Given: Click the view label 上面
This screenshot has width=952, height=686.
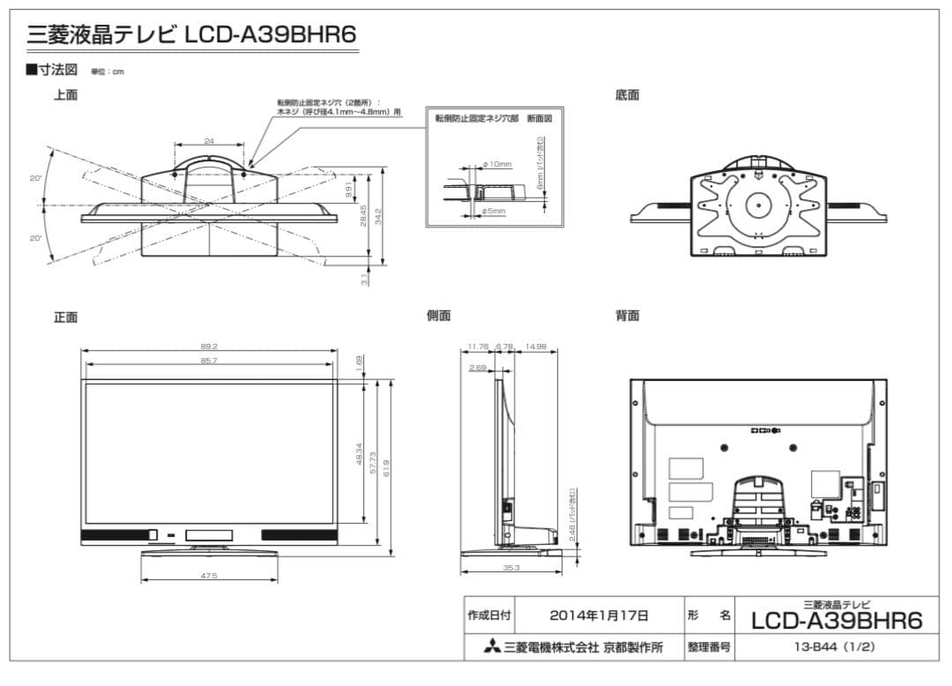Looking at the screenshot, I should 66,95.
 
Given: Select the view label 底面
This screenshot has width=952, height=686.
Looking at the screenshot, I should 627,95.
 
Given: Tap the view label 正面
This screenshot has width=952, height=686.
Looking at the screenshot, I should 66,317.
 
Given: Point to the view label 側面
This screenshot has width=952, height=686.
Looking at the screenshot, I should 438,316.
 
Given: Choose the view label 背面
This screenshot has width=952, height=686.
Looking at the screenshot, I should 627,316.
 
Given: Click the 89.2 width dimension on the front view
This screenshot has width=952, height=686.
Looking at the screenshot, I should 209,347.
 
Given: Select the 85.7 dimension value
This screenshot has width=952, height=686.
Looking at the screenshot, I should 209,361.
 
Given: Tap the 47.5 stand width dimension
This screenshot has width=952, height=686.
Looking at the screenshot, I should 209,576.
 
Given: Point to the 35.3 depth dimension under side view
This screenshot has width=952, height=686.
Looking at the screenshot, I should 510,568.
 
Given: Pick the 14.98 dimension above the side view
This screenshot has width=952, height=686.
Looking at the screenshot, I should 535,347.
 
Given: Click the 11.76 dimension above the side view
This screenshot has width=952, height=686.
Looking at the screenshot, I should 478,347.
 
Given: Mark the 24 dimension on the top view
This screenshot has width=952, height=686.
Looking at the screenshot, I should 209,141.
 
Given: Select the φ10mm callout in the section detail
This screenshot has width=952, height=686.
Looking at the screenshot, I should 498,165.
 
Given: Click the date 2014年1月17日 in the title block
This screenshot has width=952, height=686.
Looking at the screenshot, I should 599,615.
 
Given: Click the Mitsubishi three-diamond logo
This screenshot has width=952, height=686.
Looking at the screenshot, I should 491,648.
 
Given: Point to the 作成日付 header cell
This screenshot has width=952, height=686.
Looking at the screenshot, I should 489,615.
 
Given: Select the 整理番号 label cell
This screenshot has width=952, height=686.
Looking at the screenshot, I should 709,647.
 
